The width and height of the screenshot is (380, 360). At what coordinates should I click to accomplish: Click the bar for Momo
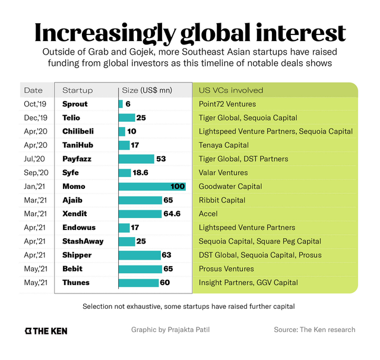coord(152,187)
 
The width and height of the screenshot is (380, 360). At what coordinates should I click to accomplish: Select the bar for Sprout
coord(121,104)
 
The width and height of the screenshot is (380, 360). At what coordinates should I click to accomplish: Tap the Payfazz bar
coord(137,159)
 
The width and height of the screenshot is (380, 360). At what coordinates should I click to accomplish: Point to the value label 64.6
coord(173,214)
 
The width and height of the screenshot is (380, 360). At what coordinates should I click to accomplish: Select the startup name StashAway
coord(83,241)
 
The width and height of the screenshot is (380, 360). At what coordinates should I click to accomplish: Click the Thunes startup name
coord(76,283)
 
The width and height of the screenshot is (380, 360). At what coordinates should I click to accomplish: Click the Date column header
coord(33,90)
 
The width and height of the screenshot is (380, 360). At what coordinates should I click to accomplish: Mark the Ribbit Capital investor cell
coord(223,200)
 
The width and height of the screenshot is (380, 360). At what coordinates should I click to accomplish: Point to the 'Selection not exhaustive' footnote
coord(188,307)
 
